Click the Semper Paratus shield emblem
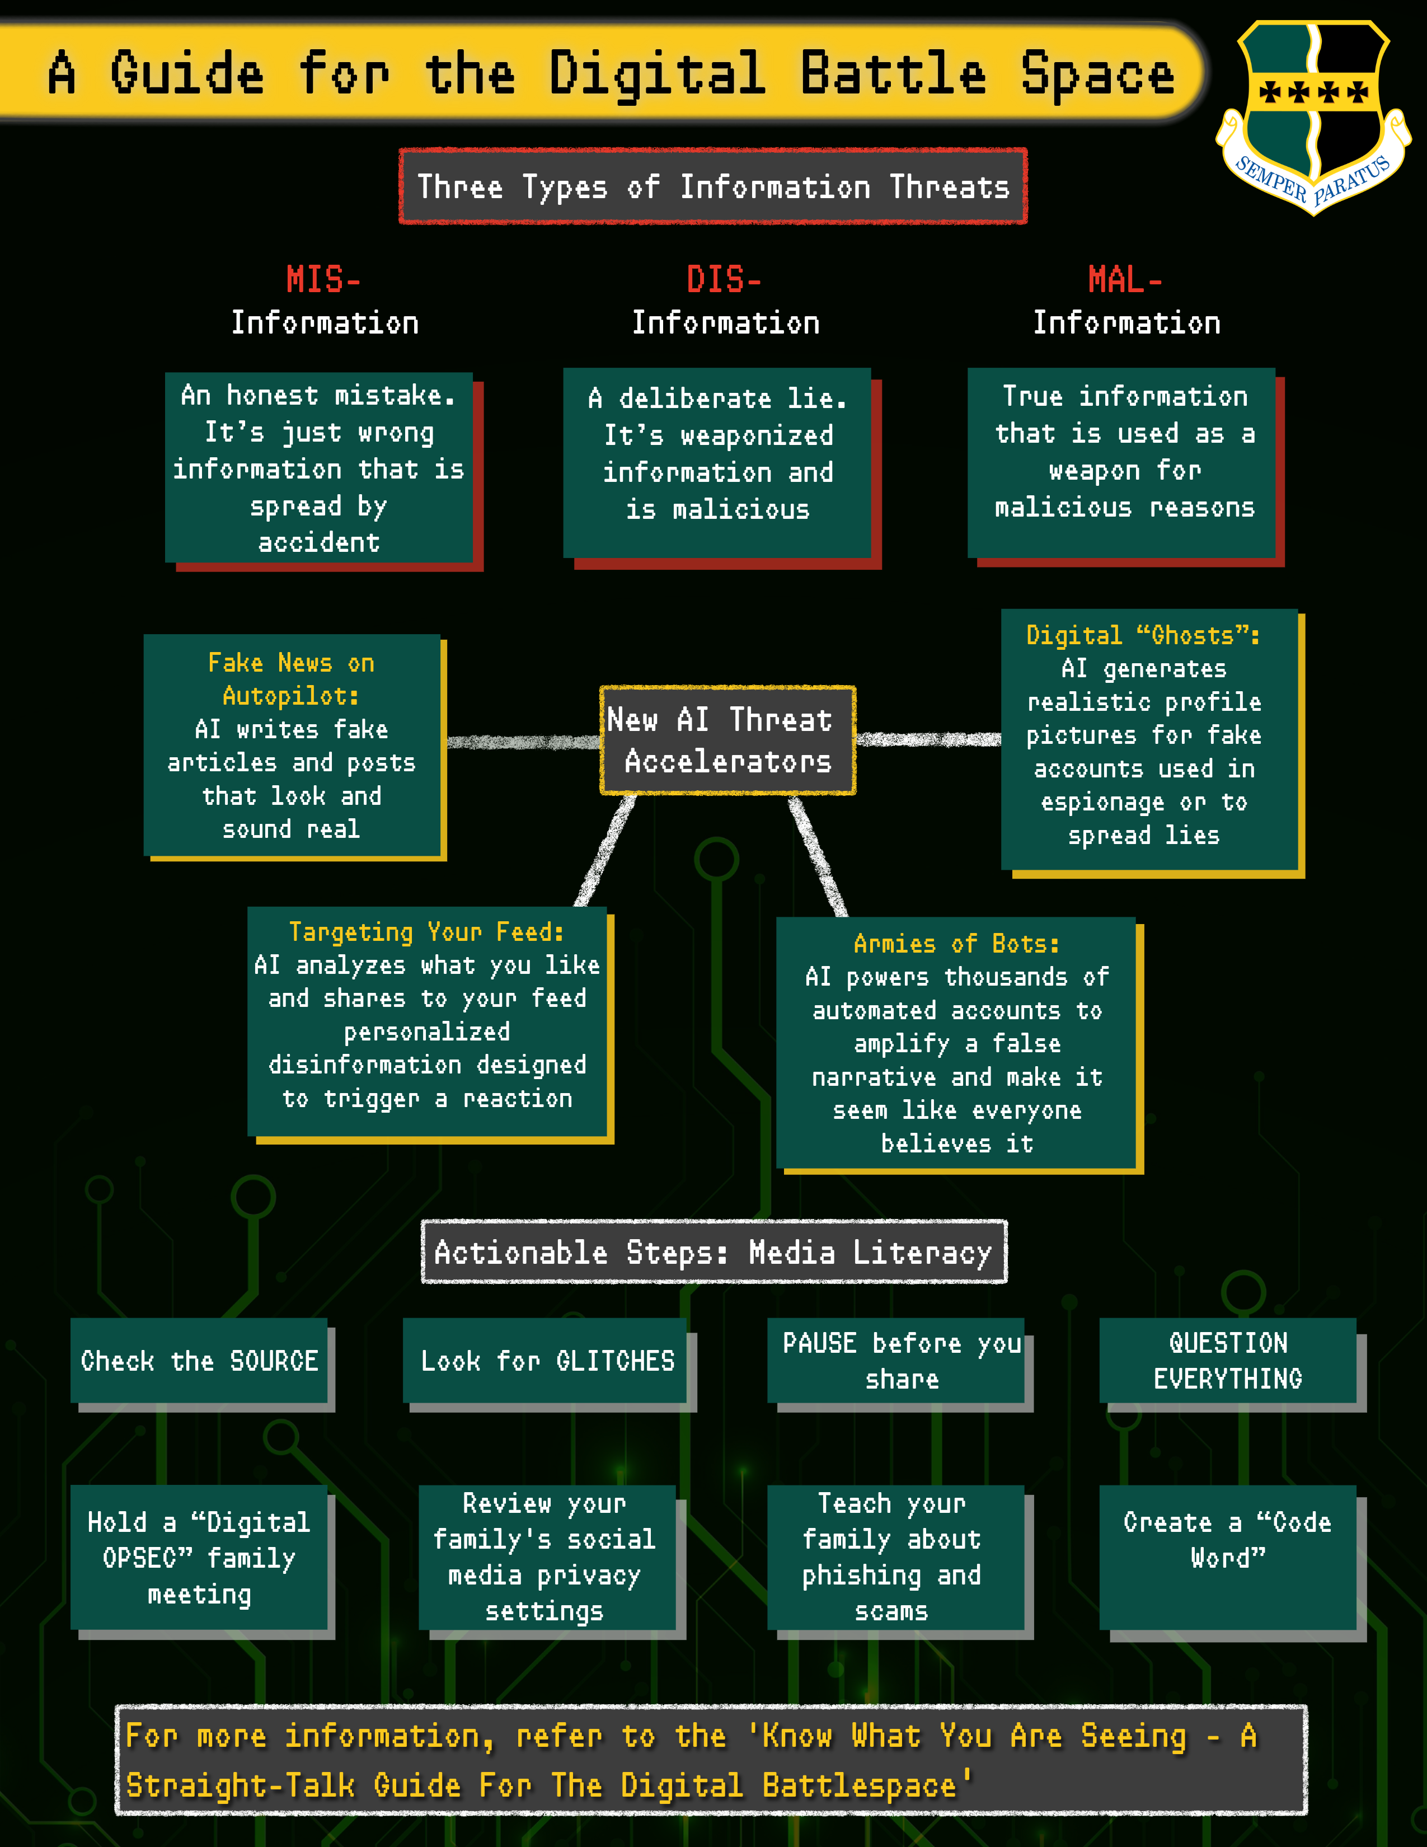tap(1313, 114)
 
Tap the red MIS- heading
tap(323, 279)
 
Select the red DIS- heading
tap(724, 279)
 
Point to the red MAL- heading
tap(1125, 279)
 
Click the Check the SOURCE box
tap(200, 1361)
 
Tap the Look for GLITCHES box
tap(547, 1361)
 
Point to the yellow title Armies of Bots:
tap(956, 944)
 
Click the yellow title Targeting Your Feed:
tap(427, 932)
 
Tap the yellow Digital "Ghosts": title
tap(1143, 635)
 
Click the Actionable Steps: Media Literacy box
tap(713, 1251)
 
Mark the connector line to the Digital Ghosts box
tap(928, 740)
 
